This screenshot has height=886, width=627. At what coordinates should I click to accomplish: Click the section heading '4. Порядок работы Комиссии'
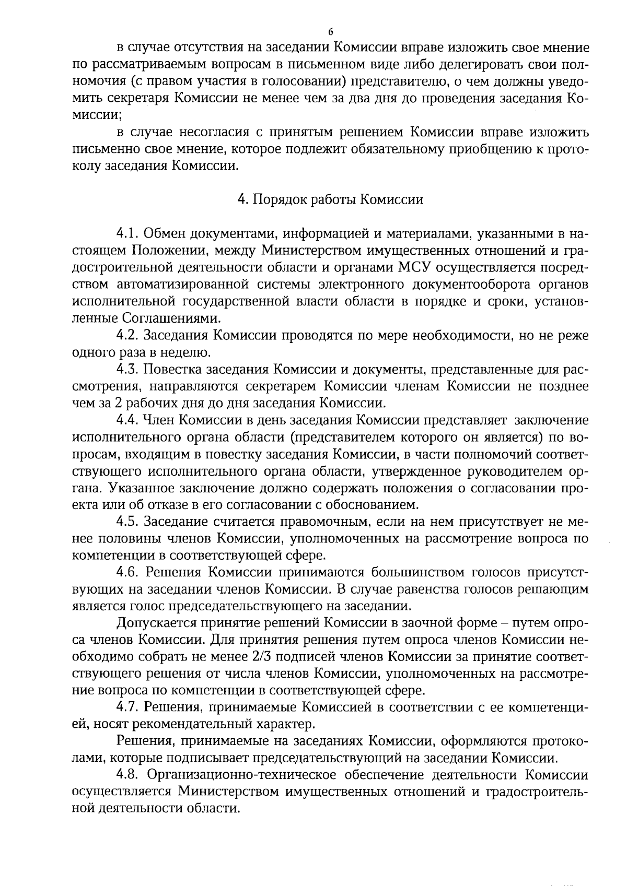330,200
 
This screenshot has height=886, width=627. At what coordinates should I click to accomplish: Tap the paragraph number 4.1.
127,233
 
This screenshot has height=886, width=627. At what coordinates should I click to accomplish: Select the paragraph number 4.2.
127,335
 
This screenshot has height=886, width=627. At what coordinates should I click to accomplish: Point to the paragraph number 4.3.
127,369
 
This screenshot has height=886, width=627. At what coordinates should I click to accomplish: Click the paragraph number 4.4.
127,420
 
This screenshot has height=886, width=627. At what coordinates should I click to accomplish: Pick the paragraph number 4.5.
127,522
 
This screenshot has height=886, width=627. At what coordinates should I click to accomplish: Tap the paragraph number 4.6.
129,572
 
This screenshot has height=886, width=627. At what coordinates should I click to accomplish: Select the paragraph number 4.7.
127,707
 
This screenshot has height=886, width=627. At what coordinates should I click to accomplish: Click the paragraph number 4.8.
129,775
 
